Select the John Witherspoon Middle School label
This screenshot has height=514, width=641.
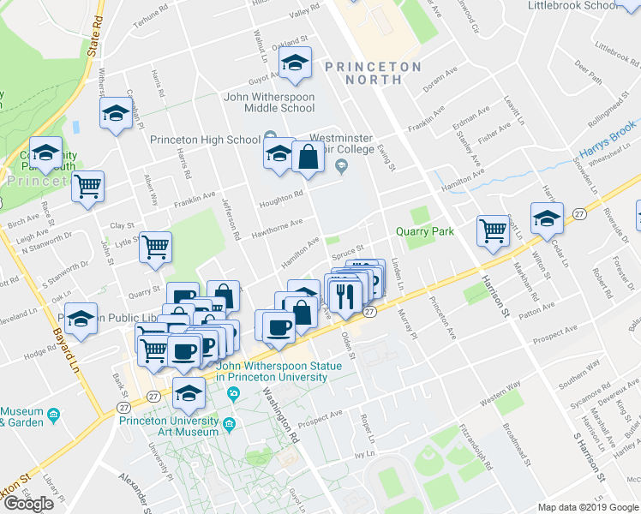point(269,103)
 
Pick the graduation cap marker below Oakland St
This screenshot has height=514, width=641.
point(295,63)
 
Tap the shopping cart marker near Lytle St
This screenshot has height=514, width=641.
point(156,248)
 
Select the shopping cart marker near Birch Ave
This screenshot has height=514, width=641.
point(87,186)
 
